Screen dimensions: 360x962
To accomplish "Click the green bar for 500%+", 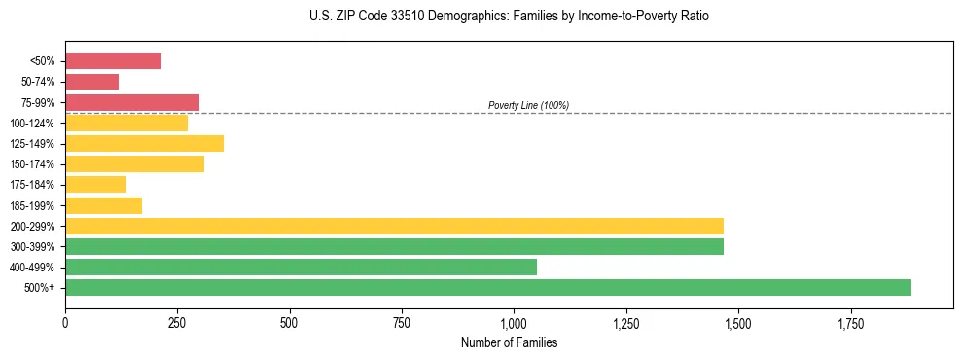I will click(487, 287).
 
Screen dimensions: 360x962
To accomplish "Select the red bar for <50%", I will click(113, 61).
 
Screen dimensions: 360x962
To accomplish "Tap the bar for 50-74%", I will click(91, 82).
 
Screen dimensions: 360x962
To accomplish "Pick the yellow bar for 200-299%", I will click(394, 226).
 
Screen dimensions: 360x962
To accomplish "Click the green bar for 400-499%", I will click(301, 267).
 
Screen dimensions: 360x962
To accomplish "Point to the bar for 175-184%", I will click(95, 185).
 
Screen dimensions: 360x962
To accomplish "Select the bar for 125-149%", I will click(144, 144).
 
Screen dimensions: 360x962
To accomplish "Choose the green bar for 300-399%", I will click(394, 246).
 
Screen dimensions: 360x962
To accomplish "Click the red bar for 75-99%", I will click(132, 102).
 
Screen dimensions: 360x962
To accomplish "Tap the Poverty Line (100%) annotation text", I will click(528, 105).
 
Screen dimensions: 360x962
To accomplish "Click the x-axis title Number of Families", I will click(509, 342).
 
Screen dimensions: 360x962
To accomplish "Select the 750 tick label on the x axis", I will click(402, 323).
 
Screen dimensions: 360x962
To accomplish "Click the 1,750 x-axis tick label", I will click(850, 323).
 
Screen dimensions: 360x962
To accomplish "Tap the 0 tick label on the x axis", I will click(65, 323).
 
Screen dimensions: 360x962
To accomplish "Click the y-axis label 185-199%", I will click(32, 205).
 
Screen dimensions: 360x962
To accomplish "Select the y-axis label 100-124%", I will click(32, 124).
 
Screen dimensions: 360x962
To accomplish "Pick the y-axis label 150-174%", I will click(32, 164).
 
